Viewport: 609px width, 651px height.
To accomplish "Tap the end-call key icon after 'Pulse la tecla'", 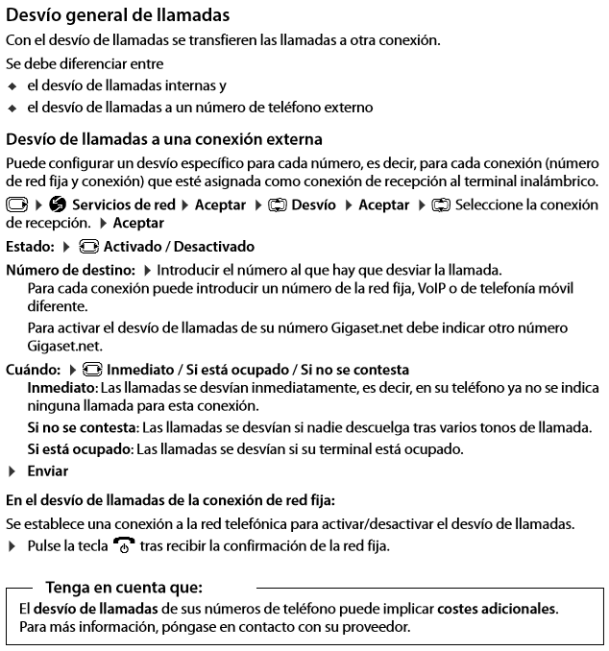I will pos(124,546).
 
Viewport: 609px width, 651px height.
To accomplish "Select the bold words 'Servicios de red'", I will pos(124,205).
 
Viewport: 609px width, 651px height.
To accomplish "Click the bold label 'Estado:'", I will pos(31,247).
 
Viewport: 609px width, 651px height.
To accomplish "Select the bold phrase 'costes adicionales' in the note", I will pos(497,609).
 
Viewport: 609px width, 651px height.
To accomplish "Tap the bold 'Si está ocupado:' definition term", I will pos(81,448).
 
